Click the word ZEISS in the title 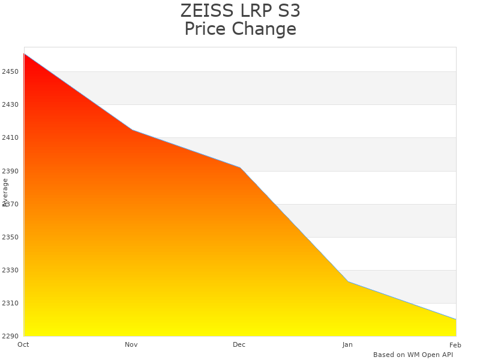click(202, 11)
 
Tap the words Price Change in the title click(240, 29)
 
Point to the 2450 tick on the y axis click(10, 72)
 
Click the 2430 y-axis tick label click(10, 105)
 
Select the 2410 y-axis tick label click(10, 138)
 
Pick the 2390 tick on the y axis click(10, 171)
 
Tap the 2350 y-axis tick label click(10, 237)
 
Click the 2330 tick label click(10, 270)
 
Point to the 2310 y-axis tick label click(10, 303)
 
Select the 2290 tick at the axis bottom click(10, 336)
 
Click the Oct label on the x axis click(23, 344)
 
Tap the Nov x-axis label click(131, 344)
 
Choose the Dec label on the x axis click(239, 344)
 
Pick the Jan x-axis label click(347, 344)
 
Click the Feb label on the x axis click(455, 344)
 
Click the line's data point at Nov click(132, 130)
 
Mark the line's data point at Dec click(240, 167)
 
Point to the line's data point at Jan click(348, 281)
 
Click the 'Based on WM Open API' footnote click(413, 355)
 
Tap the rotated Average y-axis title click(5, 192)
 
